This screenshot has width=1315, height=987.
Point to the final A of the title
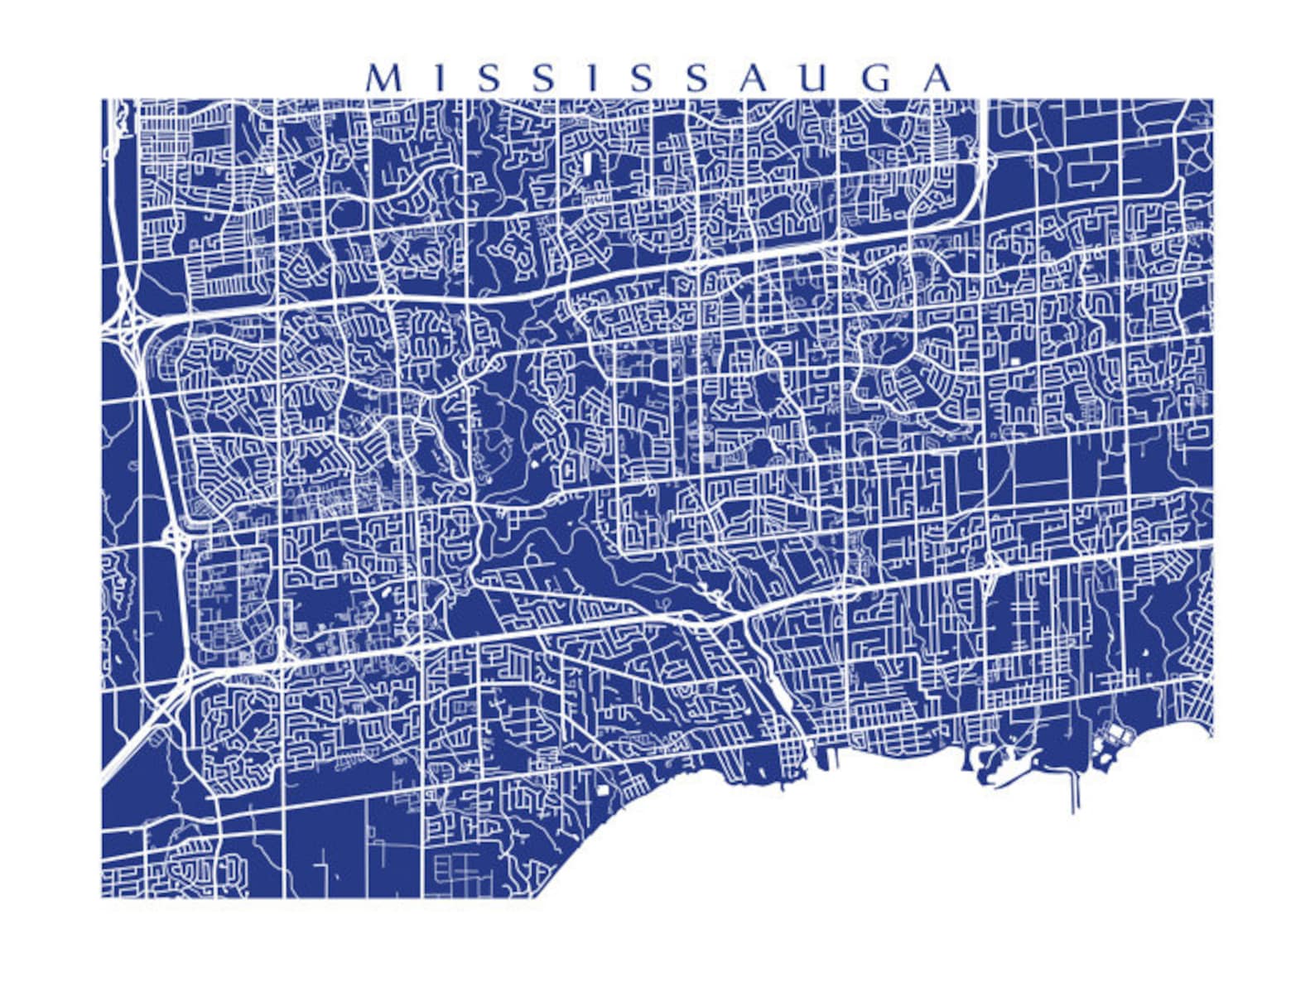937,79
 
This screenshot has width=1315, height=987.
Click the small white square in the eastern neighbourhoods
1015,361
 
